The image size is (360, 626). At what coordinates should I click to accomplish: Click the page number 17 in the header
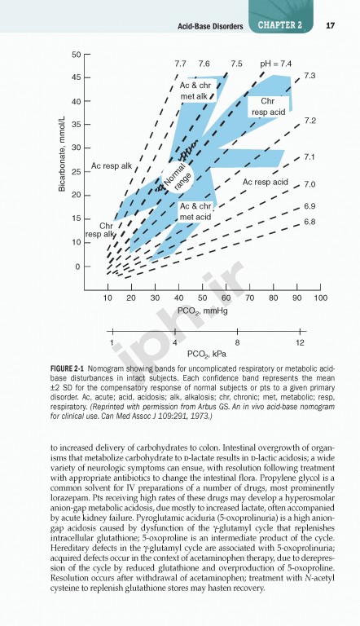pyautogui.click(x=331, y=25)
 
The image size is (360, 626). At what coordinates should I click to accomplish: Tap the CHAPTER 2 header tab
pyautogui.click(x=280, y=25)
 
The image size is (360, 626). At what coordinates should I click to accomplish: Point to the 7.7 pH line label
pyautogui.click(x=181, y=63)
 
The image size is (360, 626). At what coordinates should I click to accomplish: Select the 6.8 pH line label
pyautogui.click(x=310, y=222)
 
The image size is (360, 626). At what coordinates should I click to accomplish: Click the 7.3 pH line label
pyautogui.click(x=310, y=75)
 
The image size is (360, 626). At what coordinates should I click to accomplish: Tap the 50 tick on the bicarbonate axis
pyautogui.click(x=76, y=55)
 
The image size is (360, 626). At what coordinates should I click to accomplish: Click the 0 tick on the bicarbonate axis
pyautogui.click(x=78, y=267)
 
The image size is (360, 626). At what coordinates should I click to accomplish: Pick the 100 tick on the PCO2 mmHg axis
pyautogui.click(x=320, y=299)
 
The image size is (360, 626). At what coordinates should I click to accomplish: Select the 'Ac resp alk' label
pyautogui.click(x=111, y=165)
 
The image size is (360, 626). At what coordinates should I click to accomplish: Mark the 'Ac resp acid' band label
pyautogui.click(x=266, y=181)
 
